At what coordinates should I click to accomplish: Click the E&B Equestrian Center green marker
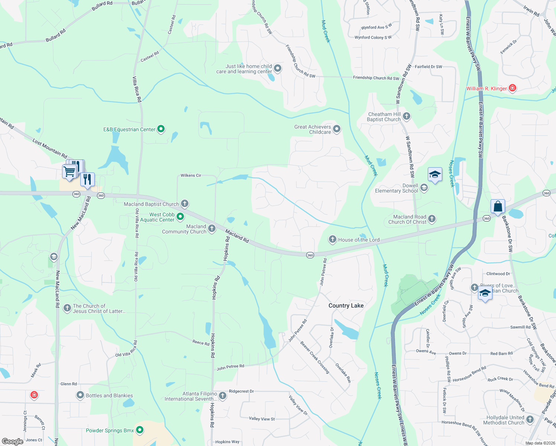coord(161,129)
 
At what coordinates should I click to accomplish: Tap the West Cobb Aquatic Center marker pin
coord(180,216)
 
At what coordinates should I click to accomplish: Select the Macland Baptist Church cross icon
coord(185,203)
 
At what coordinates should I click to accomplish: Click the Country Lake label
coord(346,306)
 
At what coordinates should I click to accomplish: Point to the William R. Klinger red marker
coord(513,88)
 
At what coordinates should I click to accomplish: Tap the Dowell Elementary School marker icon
coord(424,188)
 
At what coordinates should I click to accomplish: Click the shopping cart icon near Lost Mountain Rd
coord(69,172)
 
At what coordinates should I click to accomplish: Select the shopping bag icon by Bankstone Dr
coord(498,206)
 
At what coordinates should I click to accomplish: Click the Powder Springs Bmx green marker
coord(140,430)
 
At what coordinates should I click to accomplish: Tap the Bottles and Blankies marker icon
coord(80,395)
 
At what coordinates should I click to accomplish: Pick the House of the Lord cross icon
coord(333,239)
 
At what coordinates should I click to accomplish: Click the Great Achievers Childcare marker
coord(337,129)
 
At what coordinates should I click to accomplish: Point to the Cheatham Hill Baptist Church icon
coord(407,116)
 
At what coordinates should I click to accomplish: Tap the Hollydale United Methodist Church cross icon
coord(530,420)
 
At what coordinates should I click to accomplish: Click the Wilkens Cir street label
coord(191,175)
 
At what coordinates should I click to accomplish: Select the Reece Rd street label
coord(201,343)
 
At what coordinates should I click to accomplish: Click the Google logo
coord(13,441)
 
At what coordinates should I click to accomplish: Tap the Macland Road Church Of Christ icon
coord(432,219)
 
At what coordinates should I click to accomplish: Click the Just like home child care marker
coord(278,69)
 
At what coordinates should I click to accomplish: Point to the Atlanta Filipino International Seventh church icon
coord(223,396)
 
